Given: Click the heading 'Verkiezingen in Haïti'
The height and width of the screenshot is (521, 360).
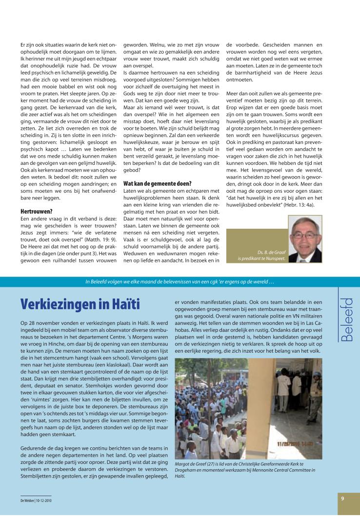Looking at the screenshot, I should click(x=80, y=304).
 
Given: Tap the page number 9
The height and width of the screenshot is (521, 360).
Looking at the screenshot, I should click(x=343, y=499).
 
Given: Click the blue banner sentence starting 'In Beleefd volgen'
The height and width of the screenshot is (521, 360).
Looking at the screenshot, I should click(x=180, y=281).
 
